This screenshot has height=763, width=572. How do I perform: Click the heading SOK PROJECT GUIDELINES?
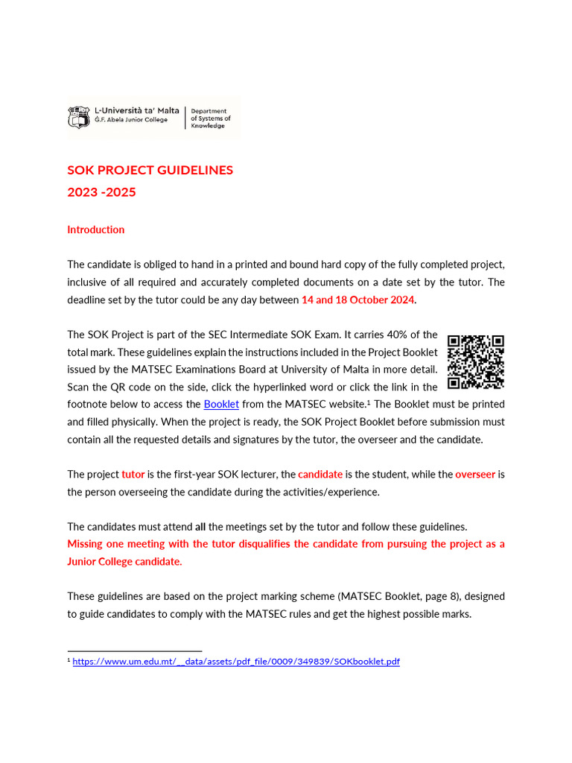click(x=150, y=170)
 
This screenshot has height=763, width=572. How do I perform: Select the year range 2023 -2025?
click(x=101, y=192)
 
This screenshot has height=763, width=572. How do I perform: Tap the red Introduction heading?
click(x=95, y=229)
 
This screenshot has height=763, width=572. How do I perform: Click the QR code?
click(x=476, y=362)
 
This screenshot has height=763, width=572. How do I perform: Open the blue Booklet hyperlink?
click(x=221, y=404)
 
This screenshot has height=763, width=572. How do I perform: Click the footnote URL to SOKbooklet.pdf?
click(x=235, y=661)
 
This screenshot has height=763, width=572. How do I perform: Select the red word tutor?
click(x=133, y=474)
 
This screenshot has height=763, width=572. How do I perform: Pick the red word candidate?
click(x=320, y=474)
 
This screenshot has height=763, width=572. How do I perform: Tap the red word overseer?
click(x=475, y=474)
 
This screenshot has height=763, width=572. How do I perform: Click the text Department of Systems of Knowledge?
click(x=211, y=118)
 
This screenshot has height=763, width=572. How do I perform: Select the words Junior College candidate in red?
click(x=124, y=561)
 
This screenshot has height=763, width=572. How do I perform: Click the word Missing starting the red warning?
click(x=86, y=544)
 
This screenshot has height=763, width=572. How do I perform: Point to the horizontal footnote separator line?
click(x=134, y=650)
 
